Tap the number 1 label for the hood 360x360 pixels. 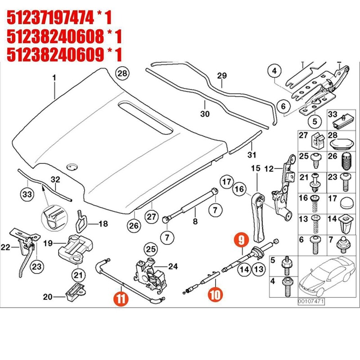coord(54,78)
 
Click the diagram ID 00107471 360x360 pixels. coord(310,301)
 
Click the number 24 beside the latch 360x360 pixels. coord(173,266)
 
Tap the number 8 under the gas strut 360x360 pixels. coord(195,221)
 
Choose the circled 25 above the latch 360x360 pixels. coord(151,248)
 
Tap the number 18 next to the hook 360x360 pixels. coord(103,224)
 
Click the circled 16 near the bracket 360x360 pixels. coord(239,189)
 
